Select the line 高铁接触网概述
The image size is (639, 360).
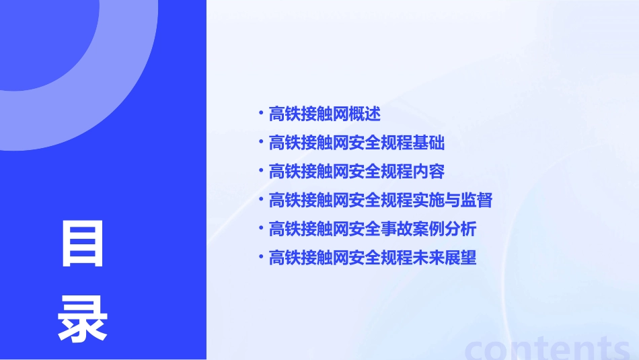325,114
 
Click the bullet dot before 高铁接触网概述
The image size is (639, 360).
261,112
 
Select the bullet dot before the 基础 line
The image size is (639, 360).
261,141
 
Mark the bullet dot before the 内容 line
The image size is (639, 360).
261,170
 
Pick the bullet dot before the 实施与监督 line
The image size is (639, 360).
261,199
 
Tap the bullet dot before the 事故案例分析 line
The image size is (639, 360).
261,227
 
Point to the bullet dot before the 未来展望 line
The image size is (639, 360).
261,256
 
